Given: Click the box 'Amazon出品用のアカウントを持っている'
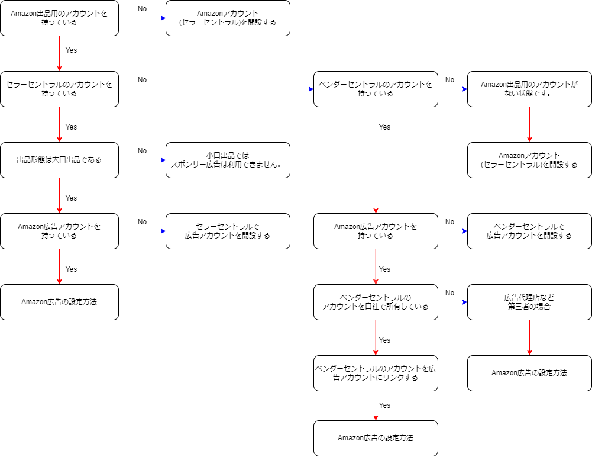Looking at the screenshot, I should point(59,18).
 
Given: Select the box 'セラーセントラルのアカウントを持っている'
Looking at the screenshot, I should point(59,89).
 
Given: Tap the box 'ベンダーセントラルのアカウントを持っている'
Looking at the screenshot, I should point(376,89).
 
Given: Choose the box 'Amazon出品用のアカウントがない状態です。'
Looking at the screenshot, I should point(529,89).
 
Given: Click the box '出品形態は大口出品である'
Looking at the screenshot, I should point(59,160).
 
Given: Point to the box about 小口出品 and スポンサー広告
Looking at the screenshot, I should point(228,160).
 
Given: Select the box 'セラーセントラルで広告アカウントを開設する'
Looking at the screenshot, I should point(228,231).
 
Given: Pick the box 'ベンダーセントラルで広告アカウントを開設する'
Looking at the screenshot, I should point(529,231).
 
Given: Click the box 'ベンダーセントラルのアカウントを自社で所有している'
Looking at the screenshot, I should point(376,302).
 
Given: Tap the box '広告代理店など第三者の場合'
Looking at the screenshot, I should point(529,302).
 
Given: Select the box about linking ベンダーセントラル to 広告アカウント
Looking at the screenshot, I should point(376,373).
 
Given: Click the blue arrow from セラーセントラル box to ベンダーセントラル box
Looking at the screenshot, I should point(216,89).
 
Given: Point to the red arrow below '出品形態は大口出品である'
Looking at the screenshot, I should point(59,195).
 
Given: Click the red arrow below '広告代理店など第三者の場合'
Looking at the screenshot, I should point(529,337).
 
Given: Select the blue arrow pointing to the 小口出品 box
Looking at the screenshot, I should point(142,160).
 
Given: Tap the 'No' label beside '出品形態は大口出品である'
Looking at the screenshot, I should point(142,151).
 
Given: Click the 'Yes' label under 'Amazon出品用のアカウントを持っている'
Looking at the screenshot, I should point(71,50).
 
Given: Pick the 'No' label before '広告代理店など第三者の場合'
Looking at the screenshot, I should point(449,293).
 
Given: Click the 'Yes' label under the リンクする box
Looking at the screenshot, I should point(384,405).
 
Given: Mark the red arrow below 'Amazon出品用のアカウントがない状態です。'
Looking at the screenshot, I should point(529,124).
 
